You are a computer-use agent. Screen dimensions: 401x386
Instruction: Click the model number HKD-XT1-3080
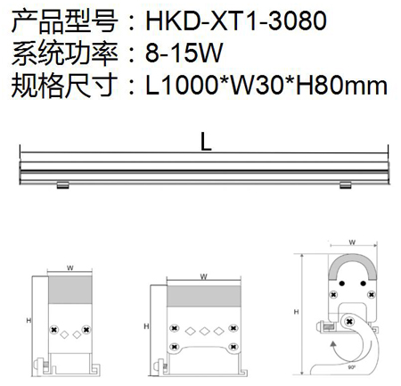point(236,21)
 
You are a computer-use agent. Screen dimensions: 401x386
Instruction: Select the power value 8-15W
point(184,53)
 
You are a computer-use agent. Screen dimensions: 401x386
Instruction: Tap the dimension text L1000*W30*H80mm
point(266,86)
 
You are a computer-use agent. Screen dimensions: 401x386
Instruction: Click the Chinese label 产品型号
point(64,21)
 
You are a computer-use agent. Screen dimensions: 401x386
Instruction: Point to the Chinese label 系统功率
point(64,53)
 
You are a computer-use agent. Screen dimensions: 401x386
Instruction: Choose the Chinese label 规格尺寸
point(64,86)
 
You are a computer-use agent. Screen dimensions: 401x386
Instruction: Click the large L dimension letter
point(206,141)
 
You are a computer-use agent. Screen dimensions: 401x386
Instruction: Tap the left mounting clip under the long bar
point(62,185)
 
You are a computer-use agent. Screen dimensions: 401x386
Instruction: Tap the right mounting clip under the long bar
point(346,185)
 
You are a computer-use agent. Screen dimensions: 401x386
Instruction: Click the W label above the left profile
point(70,268)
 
